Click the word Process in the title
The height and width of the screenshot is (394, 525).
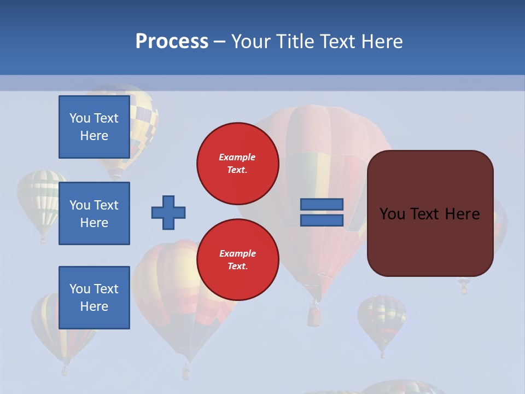pos(172,42)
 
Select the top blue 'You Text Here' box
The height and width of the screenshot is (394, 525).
pos(94,127)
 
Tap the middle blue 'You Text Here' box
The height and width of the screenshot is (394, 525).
pos(94,213)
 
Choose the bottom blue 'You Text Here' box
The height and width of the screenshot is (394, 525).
pos(94,298)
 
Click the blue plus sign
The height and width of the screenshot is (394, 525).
pos(168,212)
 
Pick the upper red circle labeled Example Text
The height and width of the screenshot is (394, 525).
pos(237,164)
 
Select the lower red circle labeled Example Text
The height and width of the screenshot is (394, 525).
pos(237,260)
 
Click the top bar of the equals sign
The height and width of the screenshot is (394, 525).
pos(322,204)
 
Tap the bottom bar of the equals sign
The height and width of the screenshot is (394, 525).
pos(322,221)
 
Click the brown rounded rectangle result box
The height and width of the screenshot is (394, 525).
pos(430,241)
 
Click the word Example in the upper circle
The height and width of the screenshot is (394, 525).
pos(237,157)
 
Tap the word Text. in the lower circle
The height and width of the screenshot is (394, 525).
pos(237,266)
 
